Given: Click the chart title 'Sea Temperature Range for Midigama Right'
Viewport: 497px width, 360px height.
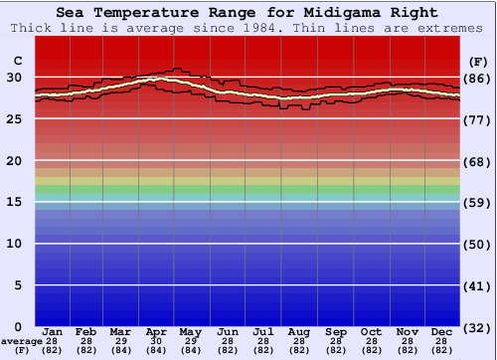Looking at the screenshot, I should tap(246, 13).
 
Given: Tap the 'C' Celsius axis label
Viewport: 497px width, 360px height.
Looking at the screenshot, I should tap(17, 62).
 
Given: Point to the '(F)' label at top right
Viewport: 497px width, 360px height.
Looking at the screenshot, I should tap(476, 62).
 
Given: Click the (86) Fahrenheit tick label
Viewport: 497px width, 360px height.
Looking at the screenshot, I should tap(477, 79).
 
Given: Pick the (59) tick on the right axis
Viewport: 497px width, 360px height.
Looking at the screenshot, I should tap(477, 203).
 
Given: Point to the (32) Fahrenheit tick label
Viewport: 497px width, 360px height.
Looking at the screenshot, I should tap(477, 327).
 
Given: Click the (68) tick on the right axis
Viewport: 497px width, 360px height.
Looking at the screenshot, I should tap(477, 161).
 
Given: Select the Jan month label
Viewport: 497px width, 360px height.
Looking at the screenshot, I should tap(53, 330).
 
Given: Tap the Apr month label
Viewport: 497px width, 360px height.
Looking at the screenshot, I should tap(156, 330).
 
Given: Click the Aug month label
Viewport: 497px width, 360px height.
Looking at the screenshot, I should tap(298, 330).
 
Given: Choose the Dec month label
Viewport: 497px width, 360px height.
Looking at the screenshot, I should tap(443, 330).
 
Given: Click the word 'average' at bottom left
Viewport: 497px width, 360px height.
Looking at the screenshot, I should tap(22, 341).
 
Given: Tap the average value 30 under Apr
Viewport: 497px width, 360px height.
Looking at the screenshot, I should tap(156, 340).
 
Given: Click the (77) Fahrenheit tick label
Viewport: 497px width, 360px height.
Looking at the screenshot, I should tap(477, 119).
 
